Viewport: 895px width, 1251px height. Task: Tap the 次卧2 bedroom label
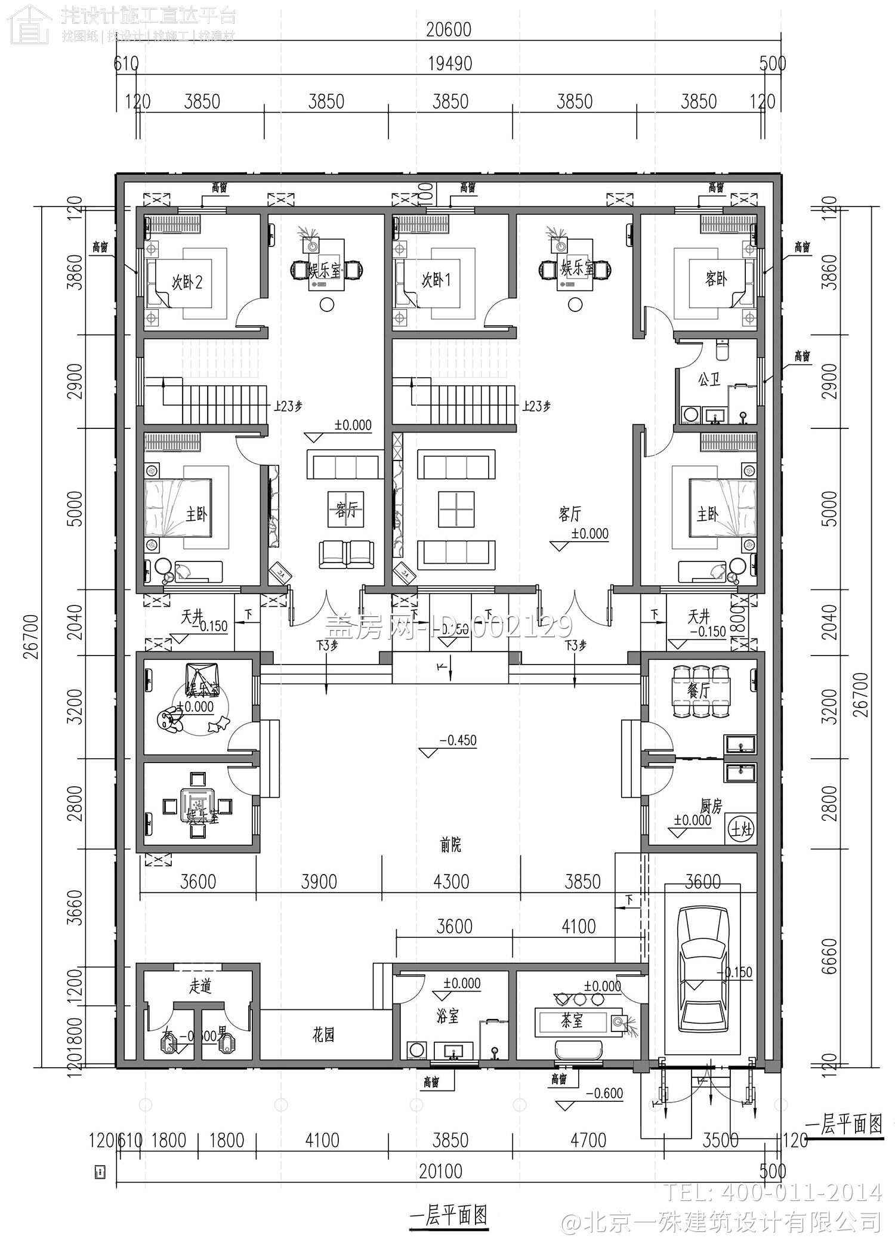[187, 282]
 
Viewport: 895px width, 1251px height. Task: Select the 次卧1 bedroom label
[436, 280]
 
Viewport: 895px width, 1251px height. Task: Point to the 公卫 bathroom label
[709, 379]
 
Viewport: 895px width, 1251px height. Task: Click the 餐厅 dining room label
[698, 691]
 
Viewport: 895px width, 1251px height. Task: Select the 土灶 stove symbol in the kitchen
[742, 830]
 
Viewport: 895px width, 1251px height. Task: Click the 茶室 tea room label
[572, 1021]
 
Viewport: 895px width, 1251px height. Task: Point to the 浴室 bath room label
[447, 1017]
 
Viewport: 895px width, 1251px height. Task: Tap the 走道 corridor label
[200, 986]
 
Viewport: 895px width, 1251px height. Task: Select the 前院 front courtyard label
[450, 845]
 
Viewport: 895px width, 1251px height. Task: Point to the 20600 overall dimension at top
[449, 29]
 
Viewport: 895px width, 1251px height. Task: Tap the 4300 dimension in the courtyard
[452, 881]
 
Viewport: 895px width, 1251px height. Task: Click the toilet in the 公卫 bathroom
[723, 351]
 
